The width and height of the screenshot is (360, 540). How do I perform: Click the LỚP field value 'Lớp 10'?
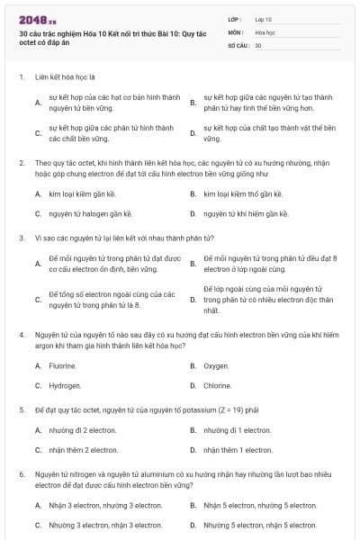pyautogui.click(x=263, y=18)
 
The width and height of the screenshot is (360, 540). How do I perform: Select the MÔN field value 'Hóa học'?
pyautogui.click(x=264, y=31)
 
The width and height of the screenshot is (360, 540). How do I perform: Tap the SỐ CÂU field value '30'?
pyautogui.click(x=258, y=44)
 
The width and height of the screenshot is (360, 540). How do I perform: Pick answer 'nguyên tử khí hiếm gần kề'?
pyautogui.click(x=246, y=214)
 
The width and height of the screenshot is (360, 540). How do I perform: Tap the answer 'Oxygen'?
pyautogui.click(x=216, y=365)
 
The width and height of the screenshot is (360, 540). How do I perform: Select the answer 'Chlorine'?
pyautogui.click(x=217, y=385)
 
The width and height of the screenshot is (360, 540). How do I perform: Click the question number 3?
pyautogui.click(x=21, y=238)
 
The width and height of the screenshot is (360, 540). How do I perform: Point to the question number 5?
pyautogui.click(x=21, y=409)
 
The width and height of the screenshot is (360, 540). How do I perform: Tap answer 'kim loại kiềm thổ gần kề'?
pyautogui.click(x=243, y=193)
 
